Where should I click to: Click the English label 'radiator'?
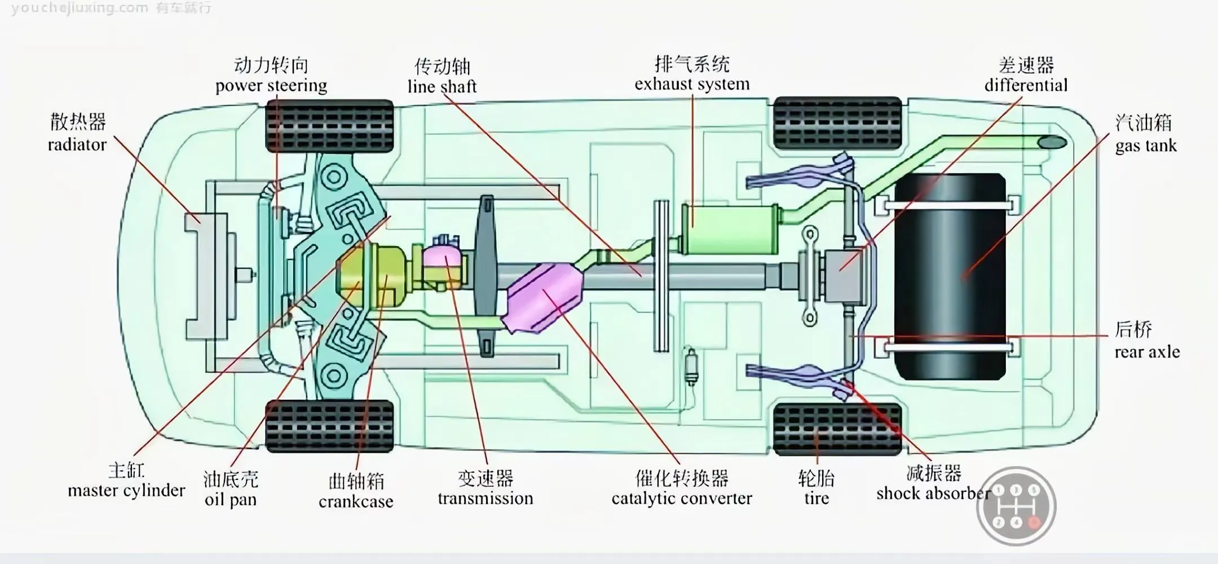pyautogui.click(x=77, y=145)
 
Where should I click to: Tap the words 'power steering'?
pyautogui.click(x=271, y=86)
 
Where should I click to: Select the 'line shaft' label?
pyautogui.click(x=442, y=86)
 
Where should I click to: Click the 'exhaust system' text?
pyautogui.click(x=692, y=84)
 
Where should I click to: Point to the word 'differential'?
pyautogui.click(x=1026, y=85)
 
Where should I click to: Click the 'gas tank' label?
pyautogui.click(x=1145, y=146)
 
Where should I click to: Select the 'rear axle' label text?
pyautogui.click(x=1146, y=352)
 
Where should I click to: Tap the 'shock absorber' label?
pyautogui.click(x=933, y=493)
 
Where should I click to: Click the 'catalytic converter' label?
pyautogui.click(x=681, y=499)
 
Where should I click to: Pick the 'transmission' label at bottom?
pyautogui.click(x=485, y=499)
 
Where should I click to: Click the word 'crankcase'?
pyautogui.click(x=356, y=501)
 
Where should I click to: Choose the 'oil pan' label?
pyautogui.click(x=230, y=500)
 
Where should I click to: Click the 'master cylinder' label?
pyautogui.click(x=126, y=491)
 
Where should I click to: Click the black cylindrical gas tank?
pyautogui.click(x=951, y=276)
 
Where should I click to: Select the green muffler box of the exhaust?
pyautogui.click(x=730, y=230)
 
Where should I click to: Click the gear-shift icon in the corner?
pyautogui.click(x=1016, y=506)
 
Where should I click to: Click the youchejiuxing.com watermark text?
pyautogui.click(x=79, y=8)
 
